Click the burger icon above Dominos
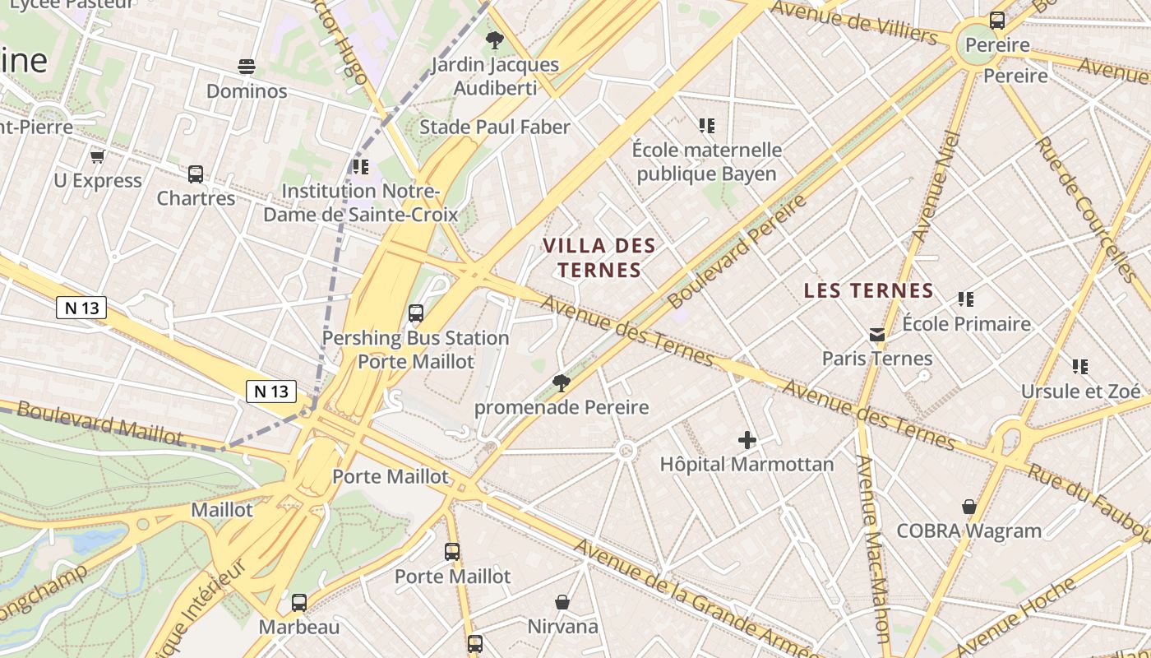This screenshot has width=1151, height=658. click(246, 66)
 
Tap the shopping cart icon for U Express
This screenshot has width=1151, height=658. click(97, 156)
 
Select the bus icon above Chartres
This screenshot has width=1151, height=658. click(196, 174)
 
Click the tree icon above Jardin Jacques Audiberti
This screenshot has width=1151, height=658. click(494, 39)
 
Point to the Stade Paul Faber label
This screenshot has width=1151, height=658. click(494, 127)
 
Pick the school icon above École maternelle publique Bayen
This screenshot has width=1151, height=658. click(706, 126)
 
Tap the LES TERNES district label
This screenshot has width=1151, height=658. click(868, 290)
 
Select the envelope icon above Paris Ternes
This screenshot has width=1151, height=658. click(877, 335)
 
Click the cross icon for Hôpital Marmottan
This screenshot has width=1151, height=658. click(747, 440)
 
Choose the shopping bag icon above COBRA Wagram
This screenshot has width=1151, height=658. click(969, 507)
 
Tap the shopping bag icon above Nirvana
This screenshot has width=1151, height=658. click(562, 602)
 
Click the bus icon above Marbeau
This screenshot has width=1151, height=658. click(299, 603)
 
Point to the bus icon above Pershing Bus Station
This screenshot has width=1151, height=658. click(416, 313)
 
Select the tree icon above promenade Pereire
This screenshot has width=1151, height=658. click(562, 382)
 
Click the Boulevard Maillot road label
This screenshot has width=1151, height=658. click(99, 422)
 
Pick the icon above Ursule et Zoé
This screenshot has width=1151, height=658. click(1079, 367)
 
